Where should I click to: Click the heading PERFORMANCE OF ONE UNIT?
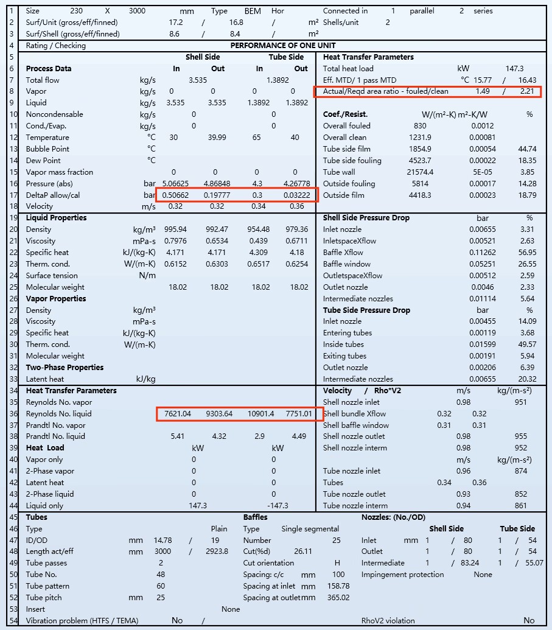point(283,46)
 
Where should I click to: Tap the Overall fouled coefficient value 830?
point(420,126)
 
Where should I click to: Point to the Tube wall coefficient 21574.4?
point(420,172)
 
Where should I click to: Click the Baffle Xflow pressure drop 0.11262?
point(483,253)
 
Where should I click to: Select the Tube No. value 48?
point(161,575)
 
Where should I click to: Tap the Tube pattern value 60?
point(161,586)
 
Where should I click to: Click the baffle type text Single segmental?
point(310,529)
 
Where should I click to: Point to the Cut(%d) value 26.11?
point(302,551)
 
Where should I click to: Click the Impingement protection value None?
point(483,575)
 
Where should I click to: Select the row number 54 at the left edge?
point(11,621)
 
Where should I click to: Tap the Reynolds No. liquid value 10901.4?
point(260,414)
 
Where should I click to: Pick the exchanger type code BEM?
point(253,11)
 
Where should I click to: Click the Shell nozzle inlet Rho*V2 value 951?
point(520,402)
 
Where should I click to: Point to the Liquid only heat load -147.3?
point(274,506)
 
